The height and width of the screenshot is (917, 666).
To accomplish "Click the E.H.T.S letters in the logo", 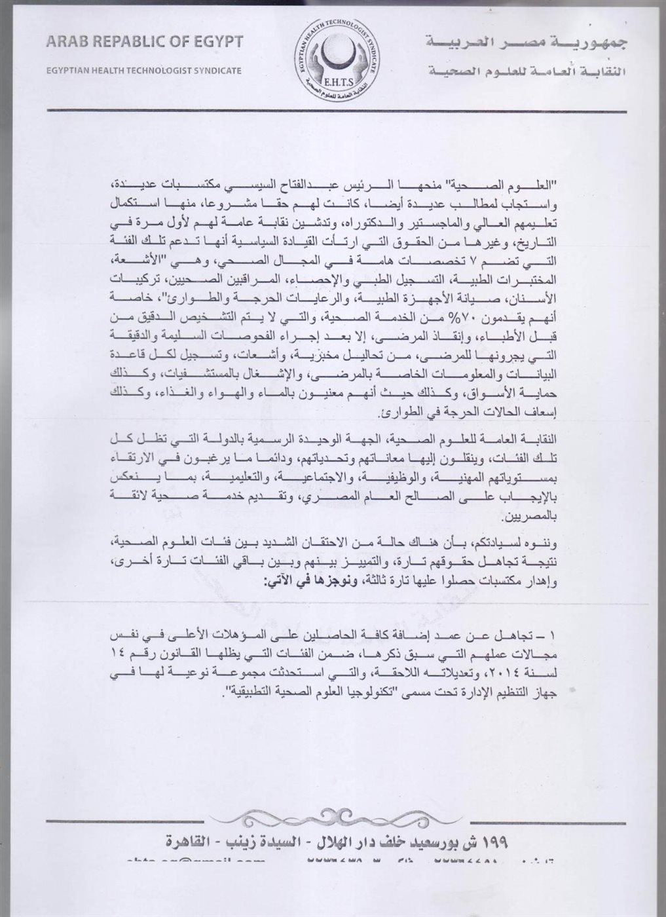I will click(x=335, y=81).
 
